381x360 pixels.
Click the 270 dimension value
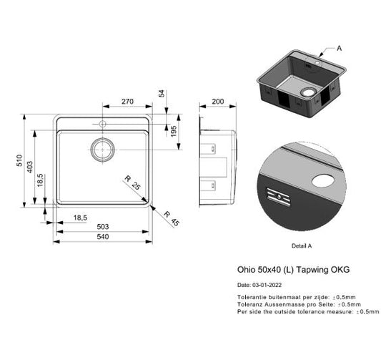127,101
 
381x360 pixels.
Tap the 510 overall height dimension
19,160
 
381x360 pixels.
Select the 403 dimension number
29,167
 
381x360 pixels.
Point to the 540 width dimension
103,236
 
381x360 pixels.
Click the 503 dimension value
103,227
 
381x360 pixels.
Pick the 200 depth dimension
218,101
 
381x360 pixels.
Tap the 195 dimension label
174,131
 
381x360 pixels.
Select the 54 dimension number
162,94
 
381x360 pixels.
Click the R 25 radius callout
133,183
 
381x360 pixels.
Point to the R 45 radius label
172,219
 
